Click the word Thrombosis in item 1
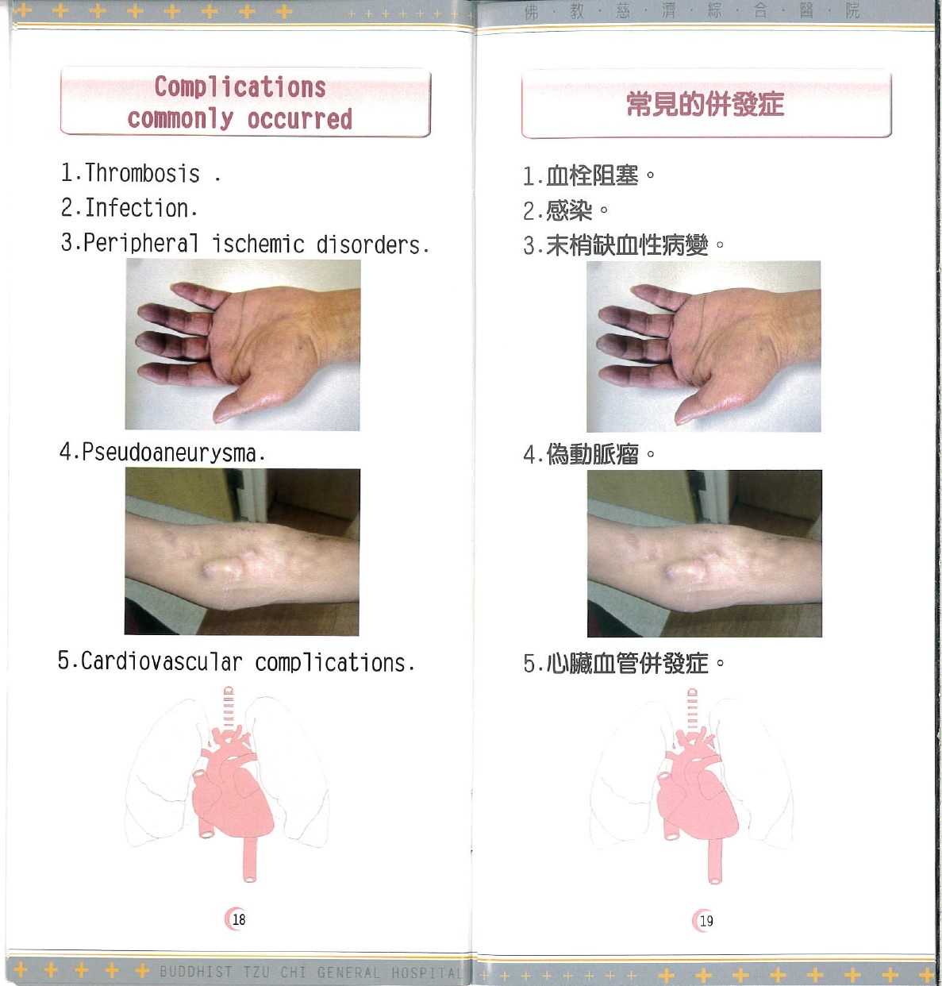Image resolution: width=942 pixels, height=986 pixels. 142,173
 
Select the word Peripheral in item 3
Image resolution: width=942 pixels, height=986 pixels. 140,243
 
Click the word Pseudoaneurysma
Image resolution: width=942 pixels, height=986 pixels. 169,453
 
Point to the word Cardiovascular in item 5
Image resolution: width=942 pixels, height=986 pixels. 161,661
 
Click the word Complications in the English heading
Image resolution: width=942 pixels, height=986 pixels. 240,87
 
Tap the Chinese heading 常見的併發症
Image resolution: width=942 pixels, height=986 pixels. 705,104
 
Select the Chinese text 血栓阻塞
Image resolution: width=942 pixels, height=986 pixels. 592,175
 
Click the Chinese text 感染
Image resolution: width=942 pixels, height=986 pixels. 569,210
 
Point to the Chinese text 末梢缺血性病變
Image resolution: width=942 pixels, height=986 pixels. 626,245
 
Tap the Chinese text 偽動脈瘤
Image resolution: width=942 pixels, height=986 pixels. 592,454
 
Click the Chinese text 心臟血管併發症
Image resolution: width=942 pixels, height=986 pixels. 626,663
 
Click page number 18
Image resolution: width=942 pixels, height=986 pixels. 238,919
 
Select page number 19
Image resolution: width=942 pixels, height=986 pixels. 706,921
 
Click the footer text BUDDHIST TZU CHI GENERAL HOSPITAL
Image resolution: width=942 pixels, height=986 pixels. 310,973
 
